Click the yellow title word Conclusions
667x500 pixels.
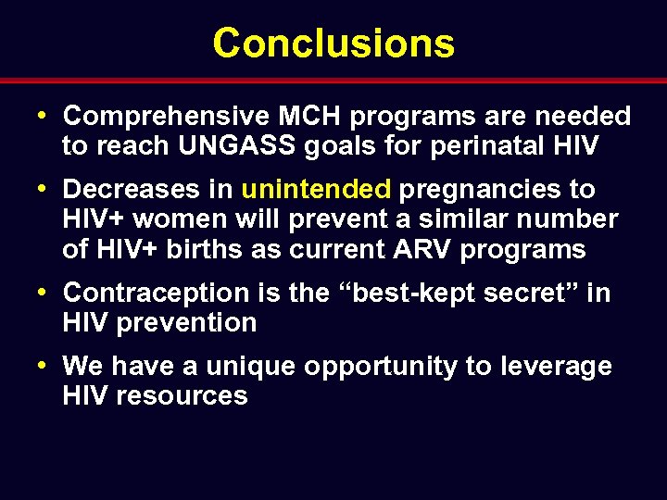click(x=333, y=43)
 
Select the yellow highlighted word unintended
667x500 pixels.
click(x=316, y=190)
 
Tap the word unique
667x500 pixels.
click(x=249, y=367)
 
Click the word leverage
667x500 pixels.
click(x=555, y=367)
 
